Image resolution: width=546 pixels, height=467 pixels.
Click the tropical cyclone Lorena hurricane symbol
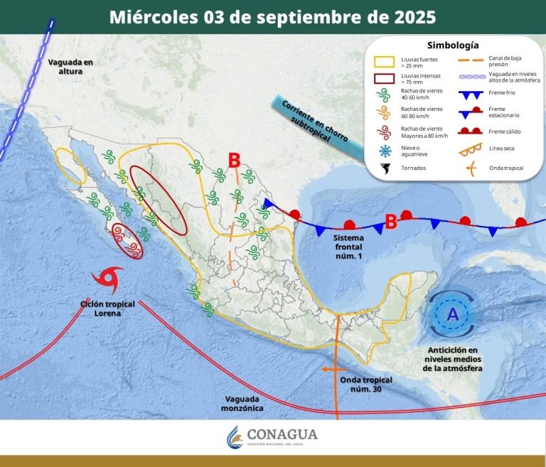tap(108, 280)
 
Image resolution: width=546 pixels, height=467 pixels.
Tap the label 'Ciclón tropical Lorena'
tap(107, 308)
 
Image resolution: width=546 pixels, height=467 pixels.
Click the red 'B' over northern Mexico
tap(234, 161)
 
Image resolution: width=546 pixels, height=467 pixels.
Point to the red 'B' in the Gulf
tap(390, 222)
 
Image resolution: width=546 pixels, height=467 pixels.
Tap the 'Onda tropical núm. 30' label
tap(366, 384)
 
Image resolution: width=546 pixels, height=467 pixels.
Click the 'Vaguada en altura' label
tap(70, 66)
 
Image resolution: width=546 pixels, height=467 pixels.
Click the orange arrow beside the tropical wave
tap(327, 370)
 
